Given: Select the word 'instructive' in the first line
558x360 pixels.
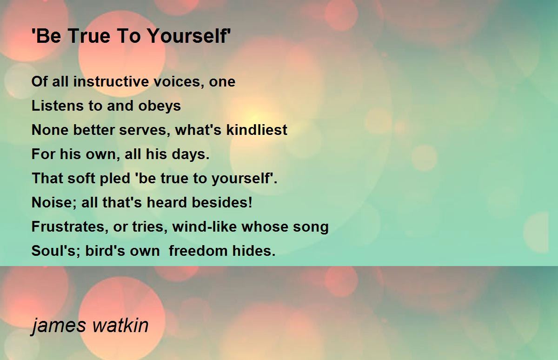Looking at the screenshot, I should (105, 82).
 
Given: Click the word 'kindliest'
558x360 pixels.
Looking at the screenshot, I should (257, 130).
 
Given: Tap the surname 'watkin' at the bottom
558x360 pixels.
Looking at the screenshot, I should (120, 325).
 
